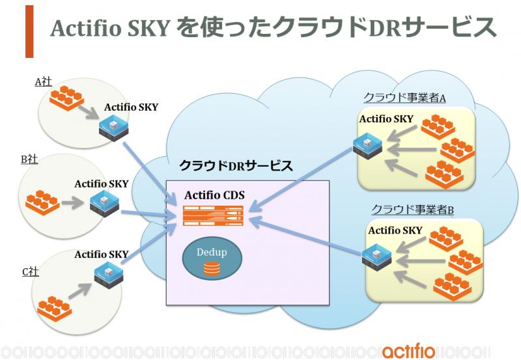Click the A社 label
43,81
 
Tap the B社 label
29,159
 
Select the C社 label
31,271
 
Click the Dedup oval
212,258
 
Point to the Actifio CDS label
214,195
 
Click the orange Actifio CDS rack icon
214,215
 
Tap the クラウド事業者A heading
404,98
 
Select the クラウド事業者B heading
413,210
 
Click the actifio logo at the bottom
408,351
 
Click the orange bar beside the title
29,31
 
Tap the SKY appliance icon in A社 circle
113,128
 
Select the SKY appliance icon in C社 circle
109,275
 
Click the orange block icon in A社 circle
66,98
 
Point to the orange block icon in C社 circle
55,309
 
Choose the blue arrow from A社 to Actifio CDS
150,173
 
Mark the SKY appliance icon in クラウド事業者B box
376,257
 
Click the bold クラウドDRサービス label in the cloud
236,165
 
